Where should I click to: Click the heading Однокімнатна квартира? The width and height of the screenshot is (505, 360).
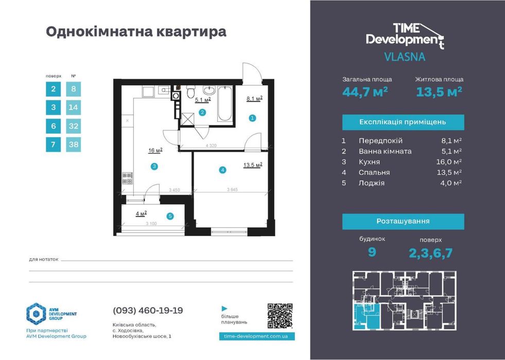pyautogui.click(x=136, y=32)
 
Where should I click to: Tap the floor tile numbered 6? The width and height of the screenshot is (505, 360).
pyautogui.click(x=53, y=126)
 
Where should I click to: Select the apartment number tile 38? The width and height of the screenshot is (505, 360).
pyautogui.click(x=74, y=145)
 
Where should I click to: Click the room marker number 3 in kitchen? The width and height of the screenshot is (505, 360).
pyautogui.click(x=153, y=166)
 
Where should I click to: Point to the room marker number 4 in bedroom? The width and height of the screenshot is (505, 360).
pyautogui.click(x=222, y=170)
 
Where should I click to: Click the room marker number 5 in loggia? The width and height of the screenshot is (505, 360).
pyautogui.click(x=170, y=217)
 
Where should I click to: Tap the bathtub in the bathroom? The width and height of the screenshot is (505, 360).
pyautogui.click(x=224, y=104)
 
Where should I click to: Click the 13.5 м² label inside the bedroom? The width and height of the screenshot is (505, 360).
pyautogui.click(x=253, y=165)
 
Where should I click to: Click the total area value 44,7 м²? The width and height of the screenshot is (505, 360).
pyautogui.click(x=365, y=92)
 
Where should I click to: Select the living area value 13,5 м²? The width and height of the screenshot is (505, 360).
pyautogui.click(x=439, y=92)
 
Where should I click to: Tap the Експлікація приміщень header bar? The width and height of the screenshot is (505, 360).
pyautogui.click(x=403, y=122)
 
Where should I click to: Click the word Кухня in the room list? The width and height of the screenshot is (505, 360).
pyautogui.click(x=369, y=162)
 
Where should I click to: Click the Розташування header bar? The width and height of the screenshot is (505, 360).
pyautogui.click(x=403, y=222)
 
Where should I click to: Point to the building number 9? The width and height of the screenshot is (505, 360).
pyautogui.click(x=372, y=253)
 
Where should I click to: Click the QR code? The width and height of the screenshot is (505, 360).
pyautogui.click(x=281, y=316)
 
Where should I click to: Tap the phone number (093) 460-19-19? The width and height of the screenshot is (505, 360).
pyautogui.click(x=147, y=311)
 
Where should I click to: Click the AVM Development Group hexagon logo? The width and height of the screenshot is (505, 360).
pyautogui.click(x=36, y=314)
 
